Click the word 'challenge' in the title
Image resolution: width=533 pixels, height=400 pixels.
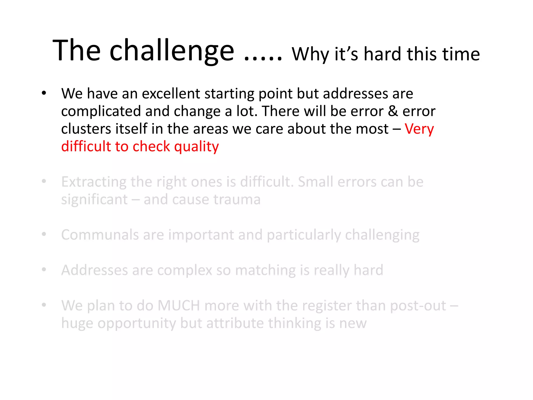click(172, 51)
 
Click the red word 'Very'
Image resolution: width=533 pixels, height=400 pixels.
click(419, 129)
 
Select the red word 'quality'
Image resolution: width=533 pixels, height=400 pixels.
click(196, 147)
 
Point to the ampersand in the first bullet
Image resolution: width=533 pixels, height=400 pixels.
click(393, 111)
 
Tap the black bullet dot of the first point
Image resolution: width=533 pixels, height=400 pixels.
click(44, 93)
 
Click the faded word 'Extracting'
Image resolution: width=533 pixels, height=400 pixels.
click(94, 182)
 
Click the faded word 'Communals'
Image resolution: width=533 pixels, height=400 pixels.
click(100, 235)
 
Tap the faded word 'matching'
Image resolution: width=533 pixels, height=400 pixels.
click(265, 270)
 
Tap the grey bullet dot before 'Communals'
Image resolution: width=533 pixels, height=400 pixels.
click(44, 234)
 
